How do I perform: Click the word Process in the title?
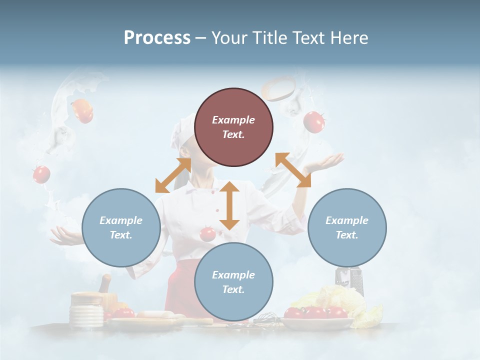pos(157,38)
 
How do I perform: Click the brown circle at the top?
pos(233,127)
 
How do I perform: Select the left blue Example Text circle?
pos(121,227)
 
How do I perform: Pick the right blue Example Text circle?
pos(347,227)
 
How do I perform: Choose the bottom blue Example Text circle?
pos(233,282)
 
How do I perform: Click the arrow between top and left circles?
pos(173,175)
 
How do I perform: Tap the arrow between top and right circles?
pos(293,170)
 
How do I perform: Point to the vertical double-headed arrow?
pos(229,205)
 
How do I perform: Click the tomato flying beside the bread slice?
pos(314,121)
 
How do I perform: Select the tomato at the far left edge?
pos(41,174)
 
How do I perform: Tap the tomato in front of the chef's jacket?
pos(207,233)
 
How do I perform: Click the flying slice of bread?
pos(279,88)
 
